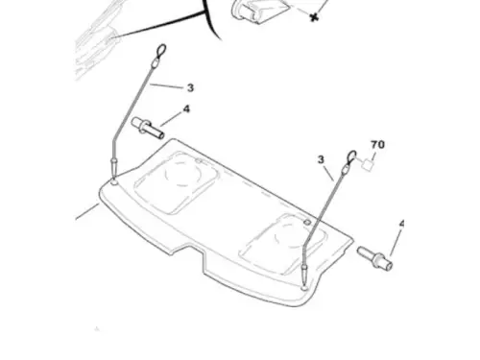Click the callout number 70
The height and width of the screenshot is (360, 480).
tap(377, 145)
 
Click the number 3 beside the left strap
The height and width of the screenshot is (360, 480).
tap(190, 87)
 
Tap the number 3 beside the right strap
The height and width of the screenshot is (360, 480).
tap(321, 159)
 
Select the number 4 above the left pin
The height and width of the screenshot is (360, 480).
tap(186, 109)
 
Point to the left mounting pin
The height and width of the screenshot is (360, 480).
tap(148, 128)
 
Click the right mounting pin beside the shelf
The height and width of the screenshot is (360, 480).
tap(374, 258)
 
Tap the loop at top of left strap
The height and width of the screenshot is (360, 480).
tap(161, 50)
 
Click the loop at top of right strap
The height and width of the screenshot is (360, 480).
tap(351, 156)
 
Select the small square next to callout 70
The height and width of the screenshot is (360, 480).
tap(368, 164)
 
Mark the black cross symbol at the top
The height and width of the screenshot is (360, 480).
tap(314, 17)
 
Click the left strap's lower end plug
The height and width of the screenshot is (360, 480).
tap(113, 165)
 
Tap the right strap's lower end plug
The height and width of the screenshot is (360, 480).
tap(304, 272)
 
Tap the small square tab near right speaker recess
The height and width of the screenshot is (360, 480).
tap(307, 222)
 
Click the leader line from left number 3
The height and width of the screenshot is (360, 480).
tap(166, 85)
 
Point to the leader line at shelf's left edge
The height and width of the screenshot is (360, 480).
tap(87, 212)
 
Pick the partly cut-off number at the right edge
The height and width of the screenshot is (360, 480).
tap(401, 224)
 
